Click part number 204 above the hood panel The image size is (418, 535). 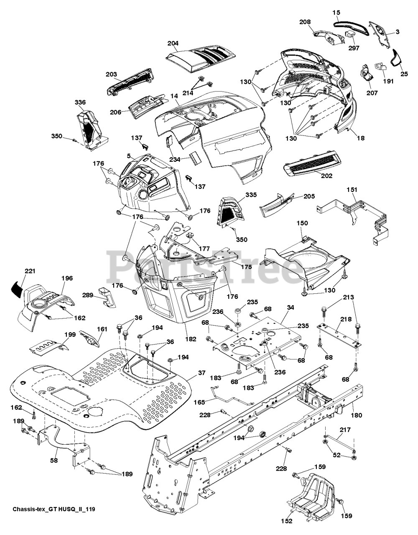173,43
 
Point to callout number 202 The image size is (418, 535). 326,176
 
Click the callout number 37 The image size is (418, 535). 201,373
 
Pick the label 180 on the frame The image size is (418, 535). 357,415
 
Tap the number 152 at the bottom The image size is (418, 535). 287,521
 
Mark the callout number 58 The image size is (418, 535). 54,461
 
